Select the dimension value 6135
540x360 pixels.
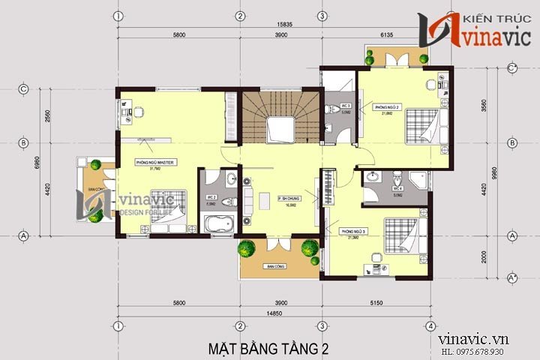pos(376,36)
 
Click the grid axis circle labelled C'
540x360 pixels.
pos(513,68)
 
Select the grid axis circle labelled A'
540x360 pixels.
pos(513,278)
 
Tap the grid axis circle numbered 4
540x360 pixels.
pos(430,326)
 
